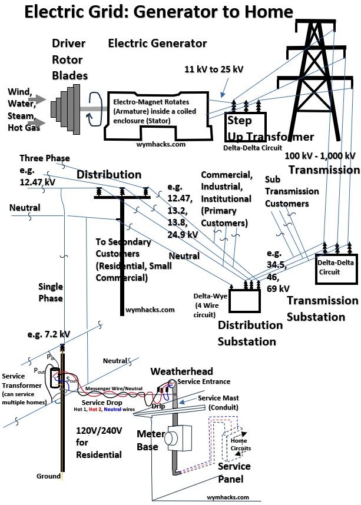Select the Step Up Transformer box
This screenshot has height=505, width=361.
(x=247, y=124)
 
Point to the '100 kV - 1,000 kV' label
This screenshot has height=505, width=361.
(x=320, y=156)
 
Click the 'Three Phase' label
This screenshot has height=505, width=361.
(x=45, y=158)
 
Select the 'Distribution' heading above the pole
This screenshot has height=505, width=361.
(x=109, y=175)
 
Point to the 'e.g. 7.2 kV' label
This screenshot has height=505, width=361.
(x=48, y=334)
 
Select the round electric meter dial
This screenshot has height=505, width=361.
(x=171, y=438)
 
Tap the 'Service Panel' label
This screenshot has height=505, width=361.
(x=234, y=473)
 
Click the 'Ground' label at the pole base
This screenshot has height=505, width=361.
(x=48, y=476)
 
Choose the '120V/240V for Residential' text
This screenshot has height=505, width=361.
(x=99, y=442)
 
